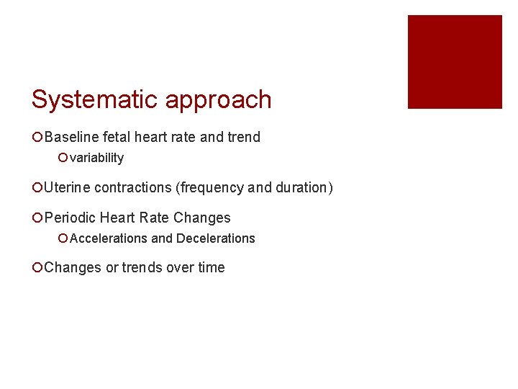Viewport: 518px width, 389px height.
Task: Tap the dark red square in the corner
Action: coord(455,62)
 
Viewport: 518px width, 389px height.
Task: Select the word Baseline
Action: coord(71,137)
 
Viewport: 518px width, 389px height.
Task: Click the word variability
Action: coord(97,158)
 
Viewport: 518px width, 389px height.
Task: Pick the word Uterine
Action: coord(67,188)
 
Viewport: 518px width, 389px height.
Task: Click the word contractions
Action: coord(132,188)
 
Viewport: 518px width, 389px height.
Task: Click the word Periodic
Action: coord(71,218)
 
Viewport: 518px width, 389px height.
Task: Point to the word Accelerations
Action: coord(109,238)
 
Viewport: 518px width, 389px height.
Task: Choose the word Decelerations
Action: coord(215,238)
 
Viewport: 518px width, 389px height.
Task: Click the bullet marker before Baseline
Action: coord(37,137)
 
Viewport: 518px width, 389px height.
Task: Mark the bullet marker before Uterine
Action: coord(37,188)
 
